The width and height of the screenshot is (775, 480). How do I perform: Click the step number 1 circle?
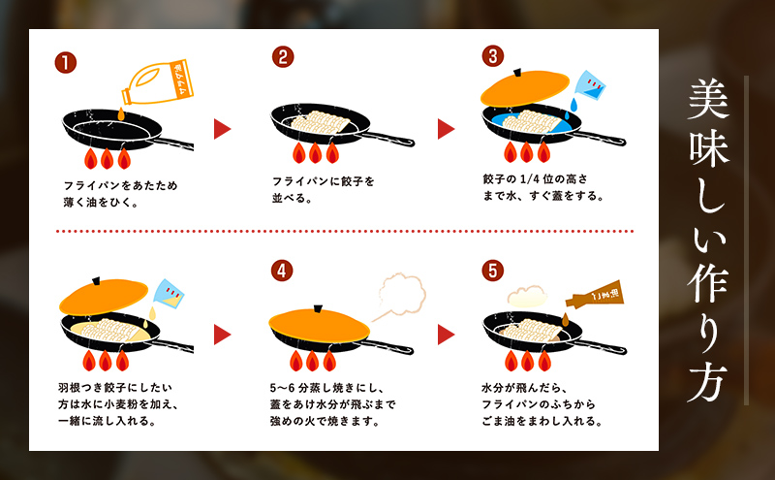pos(66,63)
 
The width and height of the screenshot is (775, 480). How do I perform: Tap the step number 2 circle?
pos(282,57)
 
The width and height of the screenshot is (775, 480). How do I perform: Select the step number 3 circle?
pos(494,57)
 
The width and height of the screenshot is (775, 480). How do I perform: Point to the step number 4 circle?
pos(282,271)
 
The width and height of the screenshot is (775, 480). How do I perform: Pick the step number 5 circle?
pos(494,271)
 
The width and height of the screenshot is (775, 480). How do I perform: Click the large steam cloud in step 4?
pos(401,291)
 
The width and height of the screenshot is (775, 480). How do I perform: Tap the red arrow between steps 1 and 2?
pos(223,129)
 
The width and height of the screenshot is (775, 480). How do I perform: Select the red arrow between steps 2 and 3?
pos(446,129)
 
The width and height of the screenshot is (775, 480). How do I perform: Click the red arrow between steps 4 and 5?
pos(446,335)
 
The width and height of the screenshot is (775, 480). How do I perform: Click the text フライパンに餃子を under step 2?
pos(323,180)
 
